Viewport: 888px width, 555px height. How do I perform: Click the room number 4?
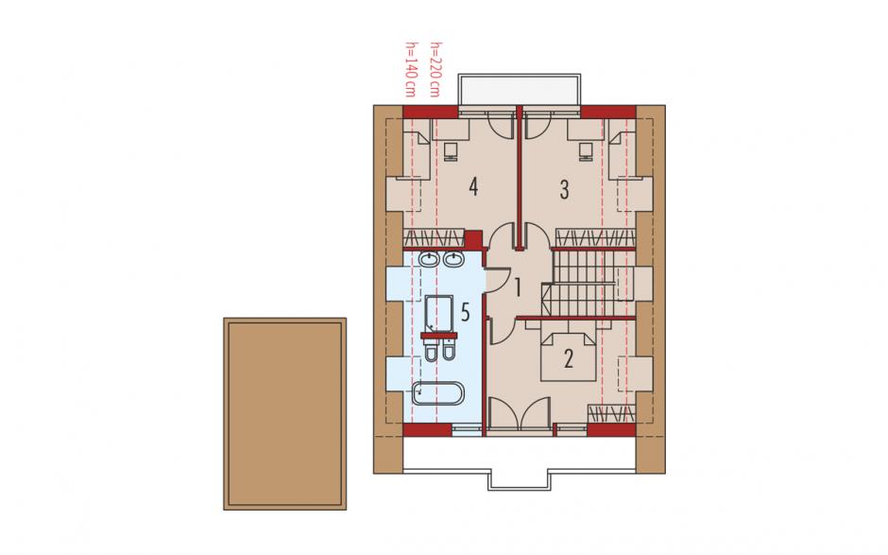(473, 186)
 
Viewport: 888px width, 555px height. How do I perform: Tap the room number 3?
(564, 190)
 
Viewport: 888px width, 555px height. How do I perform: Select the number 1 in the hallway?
(518, 287)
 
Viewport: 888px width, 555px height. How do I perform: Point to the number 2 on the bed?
(568, 358)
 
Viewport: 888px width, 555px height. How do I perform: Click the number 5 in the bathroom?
(466, 312)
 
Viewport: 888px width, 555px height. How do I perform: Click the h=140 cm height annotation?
(409, 69)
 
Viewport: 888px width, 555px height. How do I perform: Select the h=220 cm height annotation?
(435, 69)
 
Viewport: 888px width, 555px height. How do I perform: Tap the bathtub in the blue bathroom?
(437, 393)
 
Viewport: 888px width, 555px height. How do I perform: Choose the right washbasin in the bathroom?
(453, 260)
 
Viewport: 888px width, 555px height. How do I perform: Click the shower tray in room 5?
(439, 313)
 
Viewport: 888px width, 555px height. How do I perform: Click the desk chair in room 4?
(452, 152)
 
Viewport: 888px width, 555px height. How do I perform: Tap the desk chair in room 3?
(586, 152)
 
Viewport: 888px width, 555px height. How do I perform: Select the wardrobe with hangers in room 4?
(434, 237)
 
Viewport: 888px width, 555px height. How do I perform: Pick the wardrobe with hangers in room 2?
(610, 414)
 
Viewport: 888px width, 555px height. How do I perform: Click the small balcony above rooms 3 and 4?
(520, 90)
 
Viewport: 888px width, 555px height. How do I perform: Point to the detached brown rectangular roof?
(285, 414)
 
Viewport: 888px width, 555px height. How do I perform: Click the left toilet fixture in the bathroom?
(431, 352)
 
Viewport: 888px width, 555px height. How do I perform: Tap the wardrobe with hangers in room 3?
(594, 237)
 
